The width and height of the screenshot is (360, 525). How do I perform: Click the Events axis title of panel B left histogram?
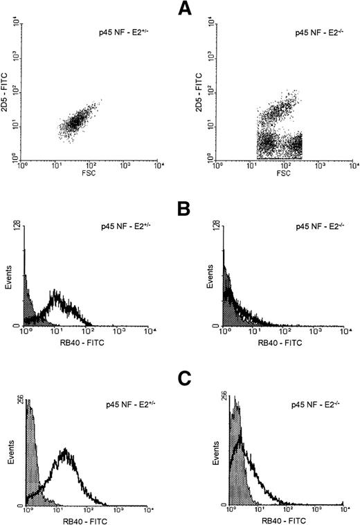8,284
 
